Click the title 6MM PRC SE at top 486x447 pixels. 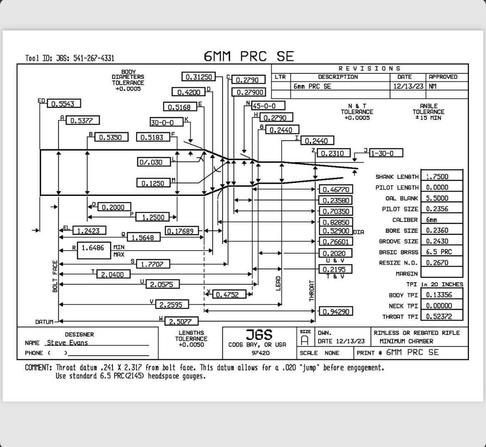coord(248,56)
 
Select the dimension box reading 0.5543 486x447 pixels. coord(64,103)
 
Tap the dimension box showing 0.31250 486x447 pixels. coord(199,76)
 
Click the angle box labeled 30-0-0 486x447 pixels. coord(167,122)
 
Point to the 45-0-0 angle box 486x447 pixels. coord(268,106)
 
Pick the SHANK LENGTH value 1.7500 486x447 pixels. coord(442,176)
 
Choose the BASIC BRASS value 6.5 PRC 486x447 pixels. coord(442,252)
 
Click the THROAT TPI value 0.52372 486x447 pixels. coord(442,316)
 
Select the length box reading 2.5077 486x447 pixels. coord(182,321)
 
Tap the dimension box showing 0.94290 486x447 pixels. coord(336,311)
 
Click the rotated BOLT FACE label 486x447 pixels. coord(55,276)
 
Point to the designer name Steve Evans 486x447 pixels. coord(67,342)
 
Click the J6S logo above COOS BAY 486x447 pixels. coord(259,335)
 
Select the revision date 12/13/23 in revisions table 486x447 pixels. coord(408,86)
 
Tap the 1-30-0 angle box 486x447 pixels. coord(386,153)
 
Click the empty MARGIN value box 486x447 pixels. coord(442,273)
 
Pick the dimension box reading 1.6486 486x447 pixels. coord(93,250)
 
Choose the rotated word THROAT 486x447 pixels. coord(312,291)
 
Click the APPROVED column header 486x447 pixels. coord(443,77)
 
